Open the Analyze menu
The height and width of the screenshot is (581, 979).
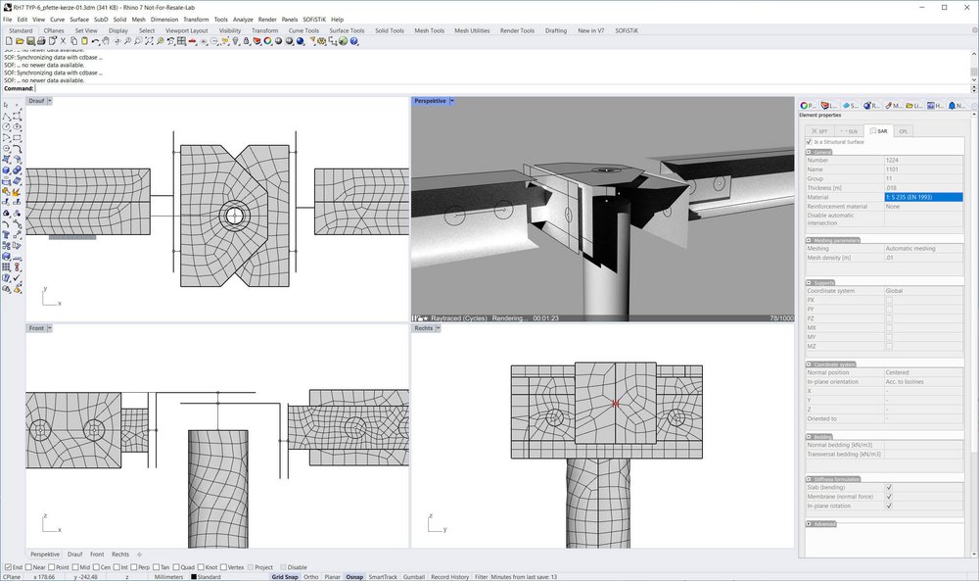243,19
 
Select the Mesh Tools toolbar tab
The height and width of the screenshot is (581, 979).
429,30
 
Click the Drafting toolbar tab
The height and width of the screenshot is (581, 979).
555,30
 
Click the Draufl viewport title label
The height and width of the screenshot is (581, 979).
36,101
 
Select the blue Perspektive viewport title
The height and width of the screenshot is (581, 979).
430,101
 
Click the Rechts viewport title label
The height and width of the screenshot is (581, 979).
423,328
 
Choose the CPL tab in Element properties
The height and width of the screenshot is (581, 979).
903,130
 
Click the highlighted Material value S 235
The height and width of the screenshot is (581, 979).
922,197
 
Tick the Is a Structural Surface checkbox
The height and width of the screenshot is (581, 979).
809,141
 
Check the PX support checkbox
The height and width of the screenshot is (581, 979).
889,300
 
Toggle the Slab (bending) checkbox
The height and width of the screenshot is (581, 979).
889,487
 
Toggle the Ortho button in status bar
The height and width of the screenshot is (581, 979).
310,577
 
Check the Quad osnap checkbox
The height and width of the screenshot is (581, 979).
176,567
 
